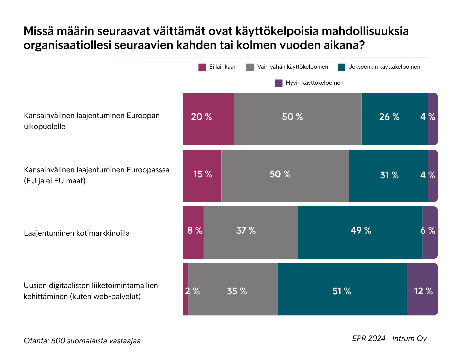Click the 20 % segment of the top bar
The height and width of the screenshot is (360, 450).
click(x=208, y=119)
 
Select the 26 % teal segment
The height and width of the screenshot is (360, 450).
click(x=394, y=119)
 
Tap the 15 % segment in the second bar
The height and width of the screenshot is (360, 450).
click(x=202, y=176)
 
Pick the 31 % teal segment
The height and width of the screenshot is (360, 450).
click(x=388, y=176)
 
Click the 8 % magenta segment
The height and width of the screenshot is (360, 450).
click(x=193, y=232)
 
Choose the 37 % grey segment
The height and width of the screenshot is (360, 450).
click(x=251, y=232)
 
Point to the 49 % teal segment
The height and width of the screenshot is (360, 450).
click(x=360, y=232)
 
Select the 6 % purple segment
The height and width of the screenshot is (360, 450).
click(x=430, y=232)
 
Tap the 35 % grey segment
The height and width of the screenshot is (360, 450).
click(x=233, y=289)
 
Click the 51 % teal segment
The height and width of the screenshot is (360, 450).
click(x=342, y=289)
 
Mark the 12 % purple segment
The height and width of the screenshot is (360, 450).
click(x=422, y=289)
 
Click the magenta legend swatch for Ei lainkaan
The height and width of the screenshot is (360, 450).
click(x=202, y=67)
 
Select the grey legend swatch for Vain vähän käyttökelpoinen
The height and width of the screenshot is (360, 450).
click(x=250, y=67)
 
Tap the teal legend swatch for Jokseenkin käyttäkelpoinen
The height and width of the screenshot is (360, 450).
click(x=341, y=67)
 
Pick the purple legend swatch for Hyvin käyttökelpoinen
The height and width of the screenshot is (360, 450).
click(x=279, y=83)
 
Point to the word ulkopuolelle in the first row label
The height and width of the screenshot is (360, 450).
click(x=45, y=127)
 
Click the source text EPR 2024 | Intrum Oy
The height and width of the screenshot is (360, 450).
click(x=389, y=338)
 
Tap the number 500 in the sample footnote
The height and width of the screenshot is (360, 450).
click(x=58, y=341)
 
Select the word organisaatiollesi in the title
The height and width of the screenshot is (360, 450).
click(x=67, y=45)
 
